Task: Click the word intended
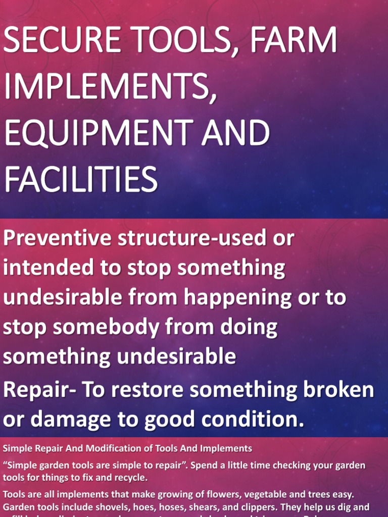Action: (47, 268)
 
